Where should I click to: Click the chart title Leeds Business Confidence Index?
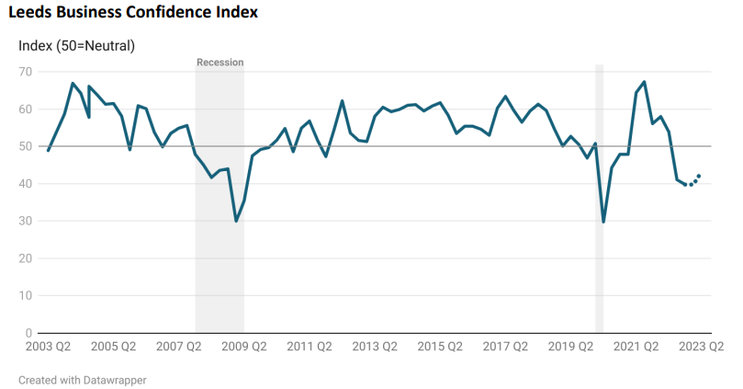(x=132, y=13)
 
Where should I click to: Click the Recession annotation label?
(x=220, y=63)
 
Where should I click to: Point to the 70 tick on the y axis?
(x=25, y=72)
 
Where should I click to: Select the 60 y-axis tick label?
(x=25, y=109)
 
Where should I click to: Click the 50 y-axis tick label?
(x=25, y=146)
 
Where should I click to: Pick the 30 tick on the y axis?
(x=25, y=221)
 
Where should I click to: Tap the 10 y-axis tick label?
(x=25, y=295)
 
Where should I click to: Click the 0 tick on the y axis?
(x=28, y=333)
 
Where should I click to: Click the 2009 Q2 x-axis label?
(x=244, y=347)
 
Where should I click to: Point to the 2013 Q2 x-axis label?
(x=375, y=347)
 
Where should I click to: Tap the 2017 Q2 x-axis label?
(x=505, y=347)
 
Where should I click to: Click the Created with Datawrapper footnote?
(x=83, y=379)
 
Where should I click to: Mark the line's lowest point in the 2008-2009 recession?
(x=236, y=221)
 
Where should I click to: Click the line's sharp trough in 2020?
(x=603, y=222)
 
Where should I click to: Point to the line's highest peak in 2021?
(x=644, y=82)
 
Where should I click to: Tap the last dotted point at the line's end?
(x=699, y=176)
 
